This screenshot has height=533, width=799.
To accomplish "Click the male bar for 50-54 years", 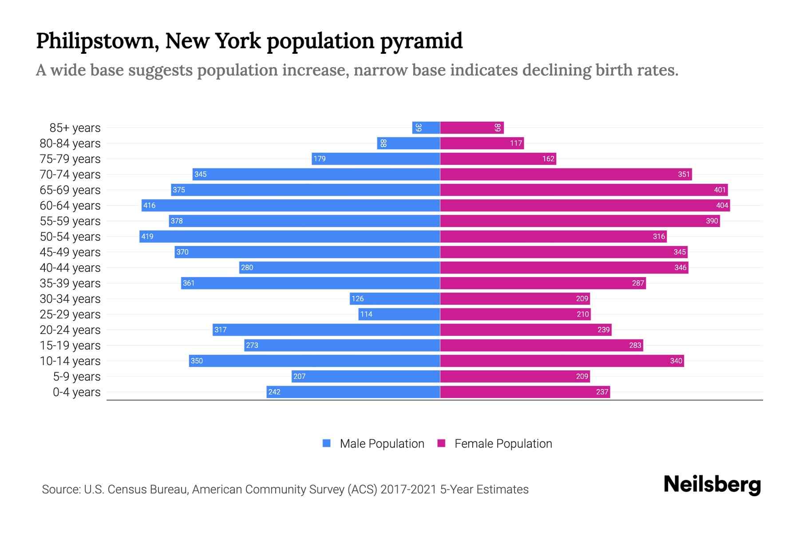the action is (x=289, y=236).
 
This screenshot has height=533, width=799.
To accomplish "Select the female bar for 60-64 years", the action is (x=585, y=205).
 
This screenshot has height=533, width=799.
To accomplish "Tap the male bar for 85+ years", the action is (x=426, y=127).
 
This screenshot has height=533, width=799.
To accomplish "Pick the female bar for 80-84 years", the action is (x=482, y=143).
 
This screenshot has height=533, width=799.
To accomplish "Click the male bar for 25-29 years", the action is (x=399, y=314).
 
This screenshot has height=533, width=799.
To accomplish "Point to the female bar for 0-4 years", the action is (x=525, y=392).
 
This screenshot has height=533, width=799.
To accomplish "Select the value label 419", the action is (x=147, y=236).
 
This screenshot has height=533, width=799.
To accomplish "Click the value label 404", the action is (x=722, y=205).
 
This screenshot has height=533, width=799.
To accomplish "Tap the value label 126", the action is (x=357, y=298).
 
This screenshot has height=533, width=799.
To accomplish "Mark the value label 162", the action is (x=548, y=159).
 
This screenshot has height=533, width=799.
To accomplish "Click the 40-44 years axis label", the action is (x=70, y=268).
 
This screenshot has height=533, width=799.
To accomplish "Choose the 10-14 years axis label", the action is (x=70, y=361).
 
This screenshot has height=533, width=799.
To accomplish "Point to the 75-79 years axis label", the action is (x=70, y=159).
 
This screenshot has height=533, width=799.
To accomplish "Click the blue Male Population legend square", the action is (x=327, y=443).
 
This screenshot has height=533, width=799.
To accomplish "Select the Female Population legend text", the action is (x=503, y=443).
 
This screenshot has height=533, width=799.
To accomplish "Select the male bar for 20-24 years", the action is (x=326, y=330).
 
